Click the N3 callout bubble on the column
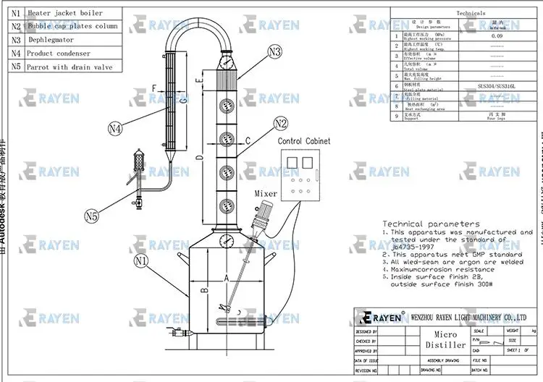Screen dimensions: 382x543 pos(274,52)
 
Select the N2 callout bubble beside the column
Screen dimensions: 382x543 pos(281,123)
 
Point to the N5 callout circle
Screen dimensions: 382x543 pos(91,216)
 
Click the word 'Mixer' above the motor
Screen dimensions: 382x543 pos(266,193)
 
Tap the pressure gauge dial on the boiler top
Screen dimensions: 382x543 pos(228,241)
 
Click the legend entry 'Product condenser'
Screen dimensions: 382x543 pos(59,54)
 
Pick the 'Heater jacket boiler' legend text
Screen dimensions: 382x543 pos(64,13)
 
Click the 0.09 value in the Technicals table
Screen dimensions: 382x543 pos(497,35)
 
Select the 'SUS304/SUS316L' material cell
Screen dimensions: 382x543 pos(497,85)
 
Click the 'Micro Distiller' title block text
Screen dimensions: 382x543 pos(450,340)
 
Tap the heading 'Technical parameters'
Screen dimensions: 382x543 pos(431,224)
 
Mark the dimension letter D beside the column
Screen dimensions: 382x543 pos(199,156)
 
